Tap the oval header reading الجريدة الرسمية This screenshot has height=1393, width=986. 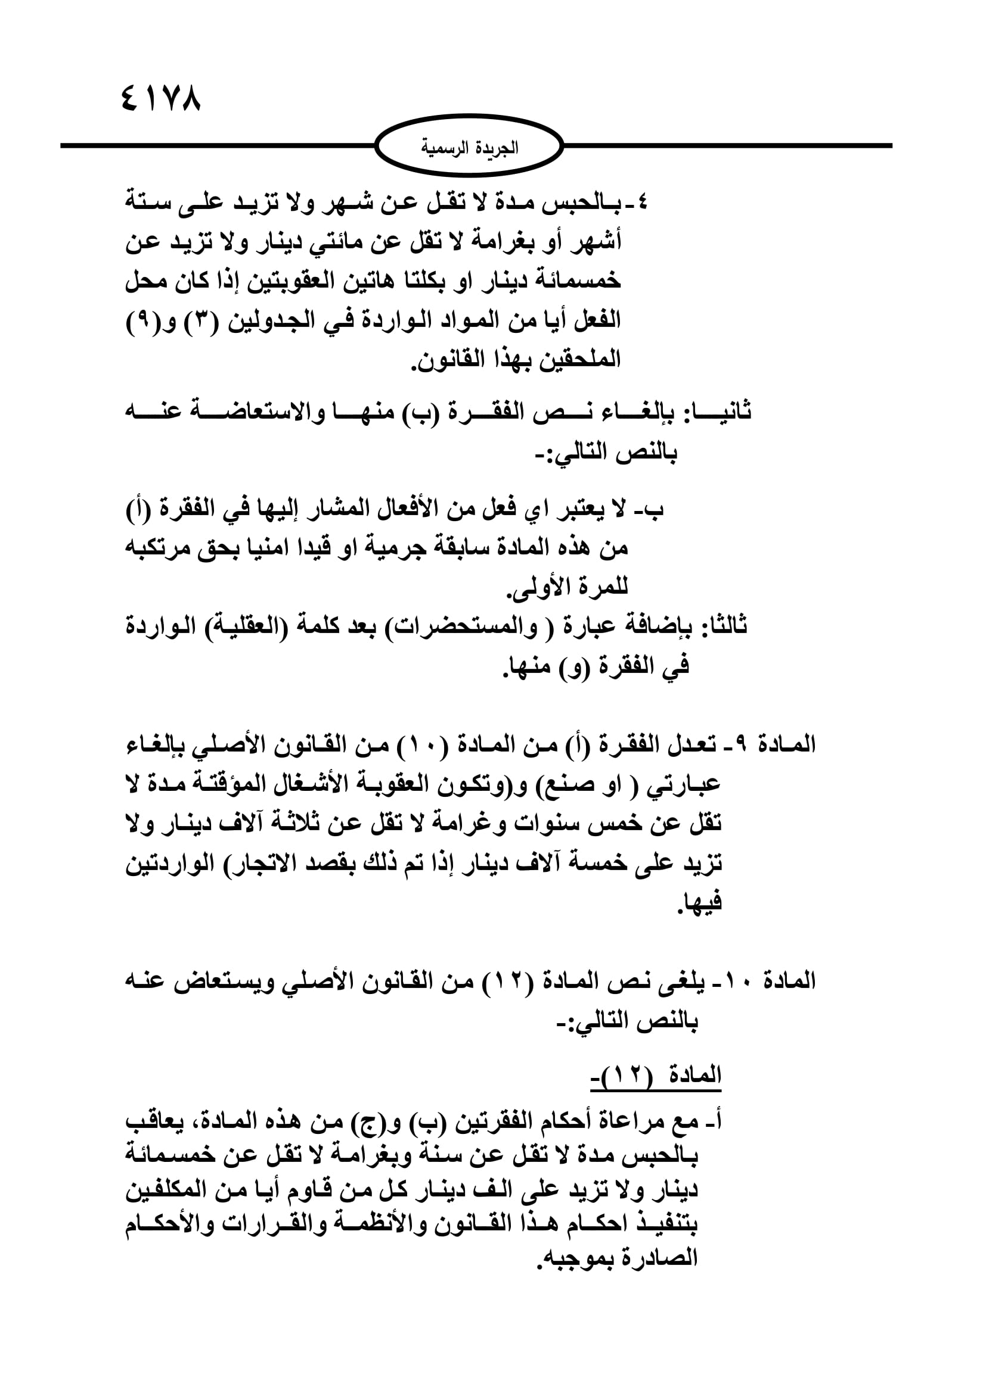(x=469, y=148)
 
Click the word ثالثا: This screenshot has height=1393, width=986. (x=724, y=625)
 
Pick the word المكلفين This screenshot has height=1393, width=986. (x=167, y=1191)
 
